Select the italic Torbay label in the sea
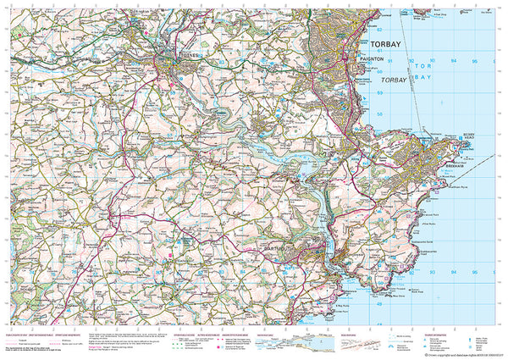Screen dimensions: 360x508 pyautogui.click(x=393, y=80)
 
